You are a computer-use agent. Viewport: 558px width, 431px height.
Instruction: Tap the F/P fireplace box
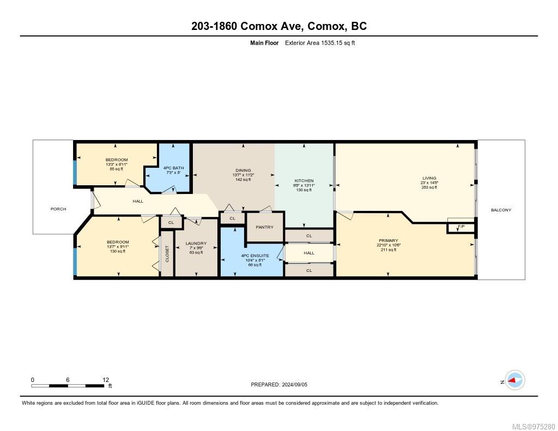point(461,227)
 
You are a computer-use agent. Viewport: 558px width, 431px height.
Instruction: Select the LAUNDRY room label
point(195,243)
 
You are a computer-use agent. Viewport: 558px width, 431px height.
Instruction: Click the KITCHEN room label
point(304,180)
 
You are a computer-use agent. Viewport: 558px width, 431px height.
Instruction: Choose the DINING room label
point(242,170)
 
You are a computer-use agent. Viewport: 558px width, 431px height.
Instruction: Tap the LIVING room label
point(429,178)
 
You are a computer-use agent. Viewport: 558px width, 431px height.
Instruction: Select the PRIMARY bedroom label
point(389,240)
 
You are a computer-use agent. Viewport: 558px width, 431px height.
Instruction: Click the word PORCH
point(58,209)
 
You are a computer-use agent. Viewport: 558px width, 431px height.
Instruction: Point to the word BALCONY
point(501,210)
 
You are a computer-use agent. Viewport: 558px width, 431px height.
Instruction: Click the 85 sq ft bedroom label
point(117,160)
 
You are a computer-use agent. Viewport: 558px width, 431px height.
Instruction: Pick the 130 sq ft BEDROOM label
point(118,242)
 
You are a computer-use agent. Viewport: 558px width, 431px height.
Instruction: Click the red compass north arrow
point(513,381)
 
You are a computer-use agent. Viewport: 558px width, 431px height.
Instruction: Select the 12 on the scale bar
point(106,379)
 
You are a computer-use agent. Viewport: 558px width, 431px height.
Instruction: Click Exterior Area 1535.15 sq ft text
point(320,43)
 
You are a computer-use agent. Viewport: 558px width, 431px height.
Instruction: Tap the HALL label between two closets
point(309,253)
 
